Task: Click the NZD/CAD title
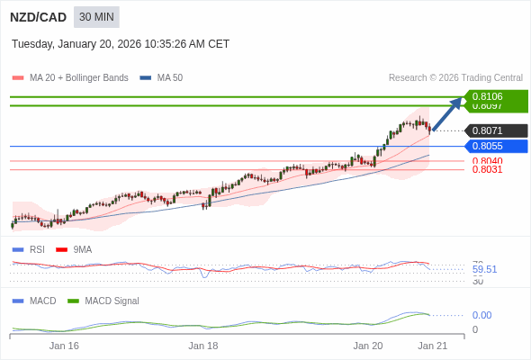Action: click(38, 17)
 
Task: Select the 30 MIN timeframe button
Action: click(96, 17)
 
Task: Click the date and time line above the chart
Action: click(121, 43)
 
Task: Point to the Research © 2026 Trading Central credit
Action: click(455, 77)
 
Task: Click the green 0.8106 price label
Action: click(495, 96)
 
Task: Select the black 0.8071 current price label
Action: click(495, 130)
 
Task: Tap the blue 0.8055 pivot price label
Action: click(495, 146)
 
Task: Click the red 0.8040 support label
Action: click(487, 161)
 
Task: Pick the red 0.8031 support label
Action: click(487, 169)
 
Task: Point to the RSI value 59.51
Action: click(484, 269)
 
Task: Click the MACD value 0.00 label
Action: click(481, 315)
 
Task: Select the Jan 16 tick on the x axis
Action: click(64, 345)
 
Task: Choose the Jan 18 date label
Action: click(203, 345)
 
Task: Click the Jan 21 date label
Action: click(432, 345)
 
